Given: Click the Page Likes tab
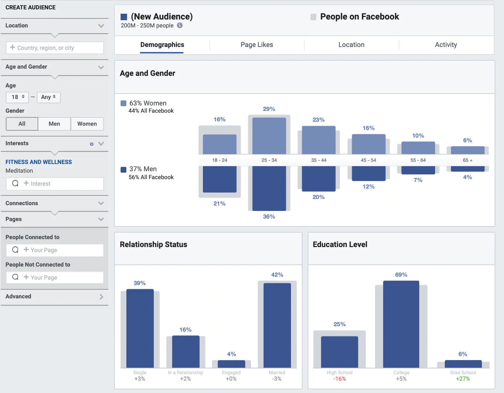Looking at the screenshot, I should click(x=257, y=45).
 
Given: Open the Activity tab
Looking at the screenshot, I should click(x=446, y=45).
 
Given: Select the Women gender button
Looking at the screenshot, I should click(x=87, y=124).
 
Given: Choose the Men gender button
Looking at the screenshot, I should click(x=55, y=124).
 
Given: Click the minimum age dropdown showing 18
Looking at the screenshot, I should click(x=17, y=97).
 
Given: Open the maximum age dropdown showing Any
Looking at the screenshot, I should click(x=48, y=97).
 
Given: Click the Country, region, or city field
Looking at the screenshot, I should click(x=55, y=48).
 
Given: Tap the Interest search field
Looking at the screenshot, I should click(x=55, y=183).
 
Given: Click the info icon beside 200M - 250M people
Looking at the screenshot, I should click(x=180, y=25).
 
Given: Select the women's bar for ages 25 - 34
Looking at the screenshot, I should click(x=269, y=136).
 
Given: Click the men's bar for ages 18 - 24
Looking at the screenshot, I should click(x=220, y=179).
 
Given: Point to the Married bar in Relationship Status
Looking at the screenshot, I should click(x=277, y=325).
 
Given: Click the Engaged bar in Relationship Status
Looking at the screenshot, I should click(x=231, y=364).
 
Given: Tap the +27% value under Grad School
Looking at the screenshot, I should click(x=463, y=379).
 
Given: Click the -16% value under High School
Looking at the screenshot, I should click(x=339, y=379).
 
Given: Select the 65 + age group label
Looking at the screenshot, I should click(x=468, y=160).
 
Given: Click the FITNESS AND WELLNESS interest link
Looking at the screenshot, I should click(x=39, y=162).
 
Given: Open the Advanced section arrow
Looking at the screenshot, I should click(x=101, y=297).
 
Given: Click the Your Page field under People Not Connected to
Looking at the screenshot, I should click(x=55, y=277).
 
